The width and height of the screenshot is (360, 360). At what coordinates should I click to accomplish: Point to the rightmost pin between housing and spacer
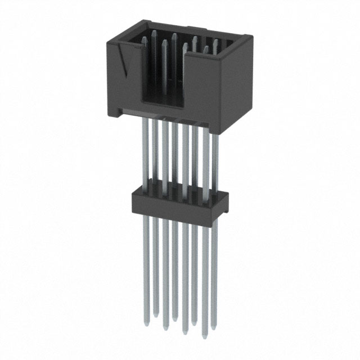[214, 163]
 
